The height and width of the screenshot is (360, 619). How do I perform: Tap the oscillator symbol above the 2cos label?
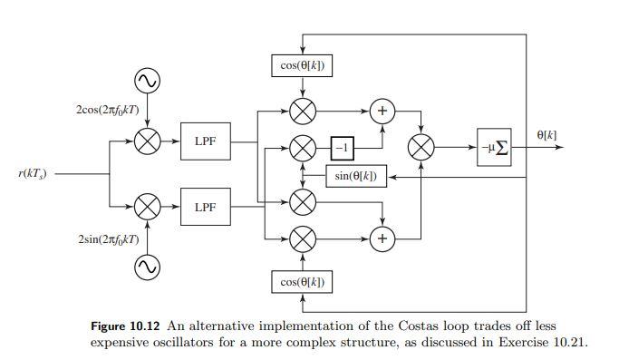pyautogui.click(x=147, y=82)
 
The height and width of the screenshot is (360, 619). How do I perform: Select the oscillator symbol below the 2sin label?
pyautogui.click(x=147, y=267)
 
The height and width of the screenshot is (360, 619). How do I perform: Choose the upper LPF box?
pyautogui.click(x=206, y=141)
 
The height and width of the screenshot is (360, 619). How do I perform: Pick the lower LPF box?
pyautogui.click(x=206, y=207)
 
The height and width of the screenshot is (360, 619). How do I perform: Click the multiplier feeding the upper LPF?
pyautogui.click(x=147, y=141)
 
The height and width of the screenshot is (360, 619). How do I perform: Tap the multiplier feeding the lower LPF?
pyautogui.click(x=147, y=207)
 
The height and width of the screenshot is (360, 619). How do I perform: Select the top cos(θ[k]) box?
pyautogui.click(x=303, y=65)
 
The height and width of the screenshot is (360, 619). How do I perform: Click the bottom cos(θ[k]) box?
pyautogui.click(x=303, y=282)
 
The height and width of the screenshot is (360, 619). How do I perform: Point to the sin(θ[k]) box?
pyautogui.click(x=356, y=176)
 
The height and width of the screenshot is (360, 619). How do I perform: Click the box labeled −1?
pyautogui.click(x=342, y=147)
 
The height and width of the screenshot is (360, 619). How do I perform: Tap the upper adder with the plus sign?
pyautogui.click(x=382, y=111)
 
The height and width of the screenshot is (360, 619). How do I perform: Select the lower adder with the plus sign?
pyautogui.click(x=382, y=238)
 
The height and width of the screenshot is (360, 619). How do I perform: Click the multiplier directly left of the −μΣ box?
pyautogui.click(x=421, y=147)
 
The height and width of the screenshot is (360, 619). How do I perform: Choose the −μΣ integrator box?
pyautogui.click(x=494, y=147)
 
